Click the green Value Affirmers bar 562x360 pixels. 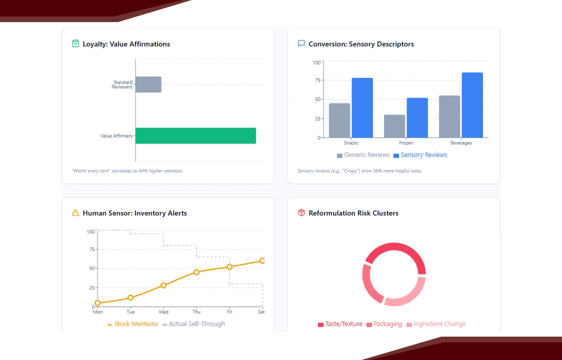pyautogui.click(x=195, y=136)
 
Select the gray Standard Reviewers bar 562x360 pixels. pyautogui.click(x=148, y=84)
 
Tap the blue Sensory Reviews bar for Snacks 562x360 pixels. pyautogui.click(x=362, y=108)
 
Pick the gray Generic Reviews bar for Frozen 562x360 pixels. pyautogui.click(x=394, y=126)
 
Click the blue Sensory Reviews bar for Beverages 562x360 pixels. pyautogui.click(x=472, y=105)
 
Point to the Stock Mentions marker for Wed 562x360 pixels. pyautogui.click(x=163, y=285)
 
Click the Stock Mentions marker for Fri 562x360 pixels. pyautogui.click(x=230, y=267)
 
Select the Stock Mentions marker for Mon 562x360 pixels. pyautogui.click(x=97, y=303)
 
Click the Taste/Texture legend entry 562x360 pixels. pyautogui.click(x=340, y=324)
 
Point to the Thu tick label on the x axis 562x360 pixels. pyautogui.click(x=196, y=312)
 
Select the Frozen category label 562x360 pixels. pyautogui.click(x=406, y=143)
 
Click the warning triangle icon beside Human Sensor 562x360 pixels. pyautogui.click(x=75, y=212)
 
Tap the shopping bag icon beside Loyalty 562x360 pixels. pyautogui.click(x=75, y=44)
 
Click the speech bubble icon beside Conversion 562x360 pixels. pyautogui.click(x=301, y=44)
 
